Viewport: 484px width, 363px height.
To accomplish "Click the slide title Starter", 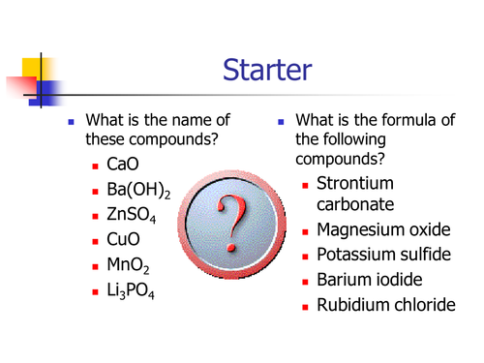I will [x=266, y=70].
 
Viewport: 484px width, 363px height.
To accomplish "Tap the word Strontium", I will [x=356, y=183].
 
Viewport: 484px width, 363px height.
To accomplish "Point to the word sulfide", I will [x=427, y=256].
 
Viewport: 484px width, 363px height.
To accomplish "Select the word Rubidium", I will [x=353, y=306].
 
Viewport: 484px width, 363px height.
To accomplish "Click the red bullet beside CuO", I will [x=96, y=239].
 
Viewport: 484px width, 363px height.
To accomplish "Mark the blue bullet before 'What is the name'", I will [x=70, y=123].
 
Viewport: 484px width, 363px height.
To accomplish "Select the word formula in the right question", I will [x=417, y=121].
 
